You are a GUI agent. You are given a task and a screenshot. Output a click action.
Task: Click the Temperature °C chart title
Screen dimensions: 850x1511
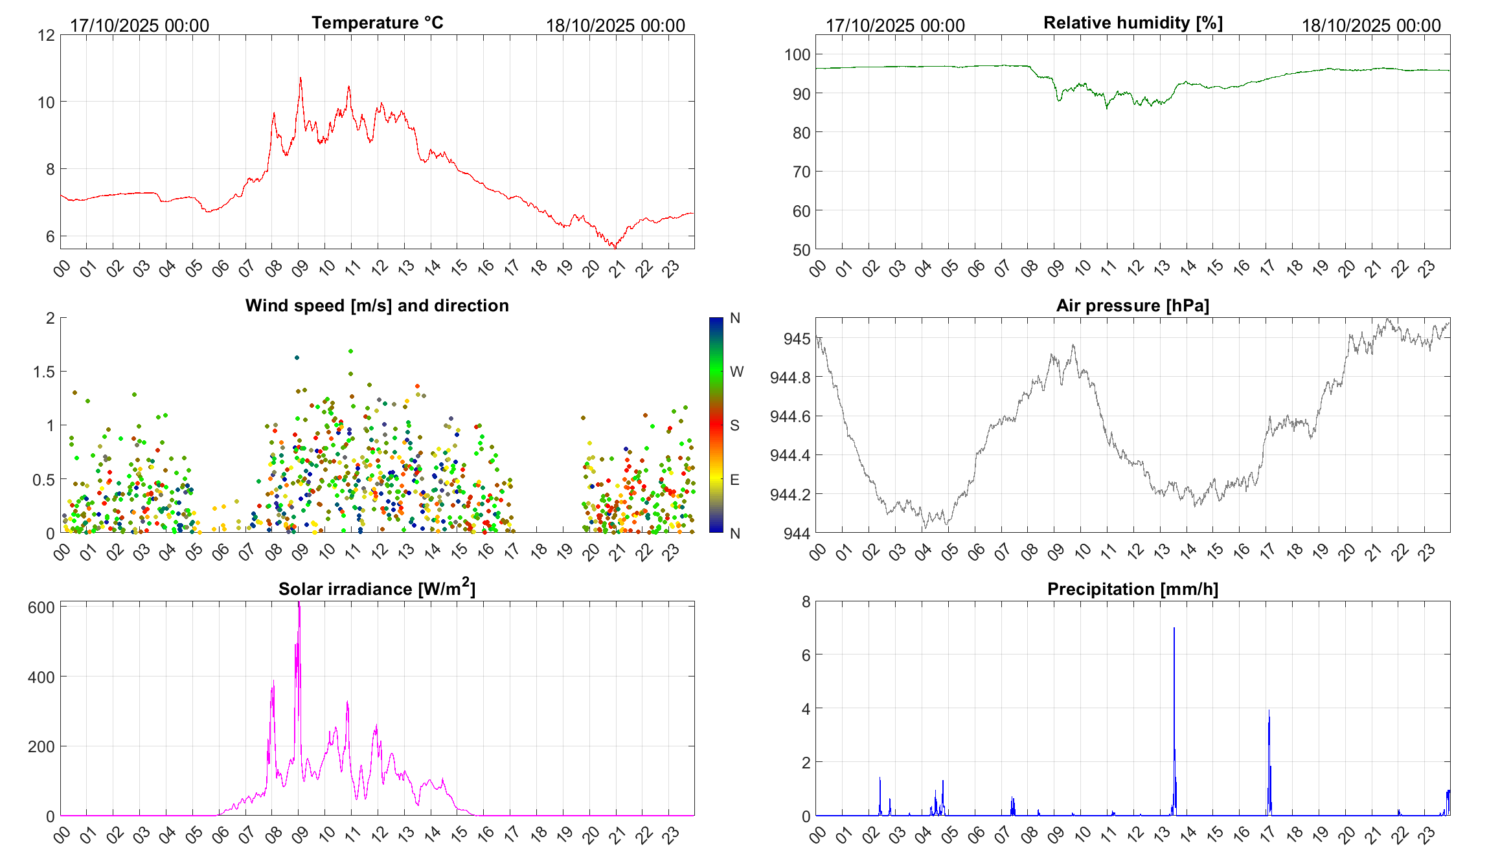point(377,23)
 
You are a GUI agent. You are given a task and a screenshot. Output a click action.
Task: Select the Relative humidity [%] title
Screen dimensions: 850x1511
point(1133,23)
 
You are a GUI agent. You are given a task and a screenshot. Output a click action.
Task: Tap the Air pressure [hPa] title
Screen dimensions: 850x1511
point(1133,306)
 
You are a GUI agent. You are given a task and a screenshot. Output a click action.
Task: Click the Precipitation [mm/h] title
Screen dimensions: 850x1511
point(1133,589)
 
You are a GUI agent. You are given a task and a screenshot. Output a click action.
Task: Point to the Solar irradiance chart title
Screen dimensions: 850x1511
point(377,588)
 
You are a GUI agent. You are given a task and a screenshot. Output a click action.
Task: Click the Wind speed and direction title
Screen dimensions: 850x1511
point(377,306)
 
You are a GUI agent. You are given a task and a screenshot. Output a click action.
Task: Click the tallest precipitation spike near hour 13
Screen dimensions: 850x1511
point(1174,629)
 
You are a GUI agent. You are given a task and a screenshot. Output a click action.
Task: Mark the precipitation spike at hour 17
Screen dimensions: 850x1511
point(1269,712)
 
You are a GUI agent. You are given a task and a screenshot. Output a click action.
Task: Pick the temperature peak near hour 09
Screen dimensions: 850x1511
point(300,78)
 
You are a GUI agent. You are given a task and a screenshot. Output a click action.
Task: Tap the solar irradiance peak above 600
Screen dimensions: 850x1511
point(299,604)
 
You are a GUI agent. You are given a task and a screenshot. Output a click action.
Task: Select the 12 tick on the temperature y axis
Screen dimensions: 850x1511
point(46,35)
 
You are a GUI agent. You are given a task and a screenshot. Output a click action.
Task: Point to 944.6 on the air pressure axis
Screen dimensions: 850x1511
point(790,416)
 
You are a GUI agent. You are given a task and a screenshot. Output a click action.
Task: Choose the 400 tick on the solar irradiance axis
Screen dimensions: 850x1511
point(41,677)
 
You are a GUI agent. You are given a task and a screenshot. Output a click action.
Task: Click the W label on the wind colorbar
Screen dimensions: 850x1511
point(736,372)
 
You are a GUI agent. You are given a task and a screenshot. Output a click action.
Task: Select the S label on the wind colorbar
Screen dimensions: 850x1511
point(734,425)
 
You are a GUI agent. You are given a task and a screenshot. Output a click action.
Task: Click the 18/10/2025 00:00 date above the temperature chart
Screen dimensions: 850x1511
point(615,25)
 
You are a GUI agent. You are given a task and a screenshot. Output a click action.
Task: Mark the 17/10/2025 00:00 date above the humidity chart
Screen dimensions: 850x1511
point(895,25)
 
